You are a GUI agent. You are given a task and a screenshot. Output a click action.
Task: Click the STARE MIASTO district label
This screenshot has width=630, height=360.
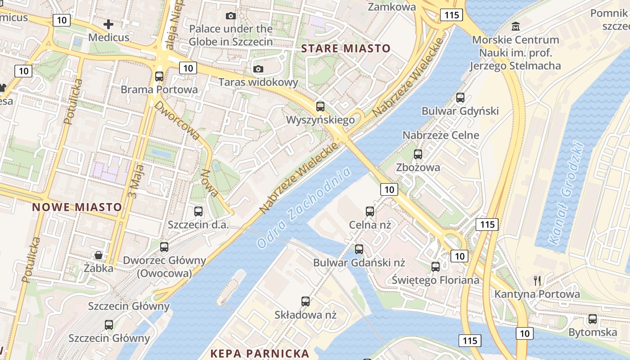click(x=346, y=49)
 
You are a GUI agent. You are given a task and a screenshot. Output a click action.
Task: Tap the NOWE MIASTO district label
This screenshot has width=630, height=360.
click(x=77, y=207)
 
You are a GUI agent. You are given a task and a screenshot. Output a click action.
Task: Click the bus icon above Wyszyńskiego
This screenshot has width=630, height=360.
click(x=320, y=107)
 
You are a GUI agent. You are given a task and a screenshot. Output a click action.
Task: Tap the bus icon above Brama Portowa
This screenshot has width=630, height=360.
click(x=159, y=76)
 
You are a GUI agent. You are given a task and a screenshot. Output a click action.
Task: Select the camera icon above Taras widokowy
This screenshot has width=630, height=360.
click(x=258, y=69)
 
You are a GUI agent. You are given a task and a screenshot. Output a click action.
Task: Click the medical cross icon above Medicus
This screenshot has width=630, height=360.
click(x=108, y=24)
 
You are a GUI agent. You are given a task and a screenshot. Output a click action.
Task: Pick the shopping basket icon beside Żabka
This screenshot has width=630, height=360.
click(x=99, y=255)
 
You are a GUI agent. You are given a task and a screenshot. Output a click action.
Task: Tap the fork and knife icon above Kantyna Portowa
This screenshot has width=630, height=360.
click(x=537, y=281)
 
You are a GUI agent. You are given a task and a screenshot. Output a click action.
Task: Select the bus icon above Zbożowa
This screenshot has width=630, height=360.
click(x=418, y=154)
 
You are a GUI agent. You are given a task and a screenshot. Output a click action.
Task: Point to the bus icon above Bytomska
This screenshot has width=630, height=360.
click(x=593, y=319)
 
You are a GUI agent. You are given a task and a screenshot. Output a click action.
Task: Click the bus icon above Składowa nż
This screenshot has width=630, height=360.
click(x=306, y=301)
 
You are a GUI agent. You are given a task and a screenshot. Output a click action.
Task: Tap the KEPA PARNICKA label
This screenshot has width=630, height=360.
click(x=260, y=353)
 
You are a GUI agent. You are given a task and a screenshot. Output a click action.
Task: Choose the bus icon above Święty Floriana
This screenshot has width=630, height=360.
click(x=436, y=267)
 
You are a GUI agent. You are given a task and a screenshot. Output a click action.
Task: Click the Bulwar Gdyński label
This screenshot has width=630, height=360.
click(x=460, y=111)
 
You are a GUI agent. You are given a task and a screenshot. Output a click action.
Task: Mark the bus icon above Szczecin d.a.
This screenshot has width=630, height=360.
click(x=198, y=211)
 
